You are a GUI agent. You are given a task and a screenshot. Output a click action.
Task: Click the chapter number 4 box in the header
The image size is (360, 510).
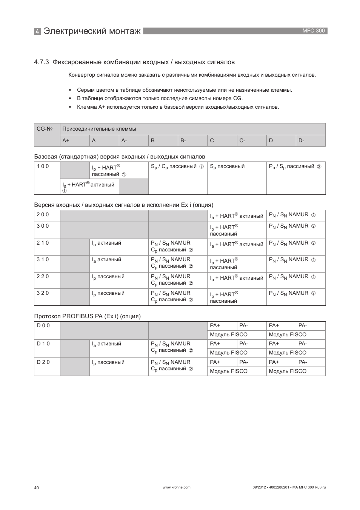37,31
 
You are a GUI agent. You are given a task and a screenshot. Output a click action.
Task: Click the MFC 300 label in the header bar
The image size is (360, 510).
313,31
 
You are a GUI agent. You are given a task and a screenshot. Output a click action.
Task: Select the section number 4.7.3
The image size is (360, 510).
42,62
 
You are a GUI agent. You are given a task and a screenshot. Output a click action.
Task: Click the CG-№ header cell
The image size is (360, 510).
45,129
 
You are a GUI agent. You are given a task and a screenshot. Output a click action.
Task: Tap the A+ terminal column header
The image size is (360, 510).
66,140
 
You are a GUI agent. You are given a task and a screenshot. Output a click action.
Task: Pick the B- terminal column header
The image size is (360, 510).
183,140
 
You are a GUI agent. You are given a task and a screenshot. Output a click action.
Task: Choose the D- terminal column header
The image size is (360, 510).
302,140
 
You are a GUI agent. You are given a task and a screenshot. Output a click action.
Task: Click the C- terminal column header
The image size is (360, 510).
242,140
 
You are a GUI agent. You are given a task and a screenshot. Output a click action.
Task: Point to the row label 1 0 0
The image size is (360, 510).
43,166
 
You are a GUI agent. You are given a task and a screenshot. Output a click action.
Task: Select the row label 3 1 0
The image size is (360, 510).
43,260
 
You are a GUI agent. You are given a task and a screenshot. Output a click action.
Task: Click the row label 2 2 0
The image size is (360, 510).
43,276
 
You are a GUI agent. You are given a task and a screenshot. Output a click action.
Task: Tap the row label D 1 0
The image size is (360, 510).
43,344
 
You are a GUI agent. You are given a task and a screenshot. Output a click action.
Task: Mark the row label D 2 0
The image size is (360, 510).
43,362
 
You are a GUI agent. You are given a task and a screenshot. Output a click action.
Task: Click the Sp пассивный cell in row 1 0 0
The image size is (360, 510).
227,166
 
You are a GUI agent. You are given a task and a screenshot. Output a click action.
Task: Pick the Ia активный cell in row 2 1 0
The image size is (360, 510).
106,243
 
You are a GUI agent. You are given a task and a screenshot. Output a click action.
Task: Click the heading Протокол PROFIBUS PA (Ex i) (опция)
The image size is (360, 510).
87,316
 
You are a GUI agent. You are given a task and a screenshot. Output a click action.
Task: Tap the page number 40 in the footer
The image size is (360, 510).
36,488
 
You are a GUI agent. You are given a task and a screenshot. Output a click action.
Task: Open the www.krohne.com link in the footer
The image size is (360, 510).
176,487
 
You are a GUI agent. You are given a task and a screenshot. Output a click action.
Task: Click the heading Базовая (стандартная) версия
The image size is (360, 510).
119,157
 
